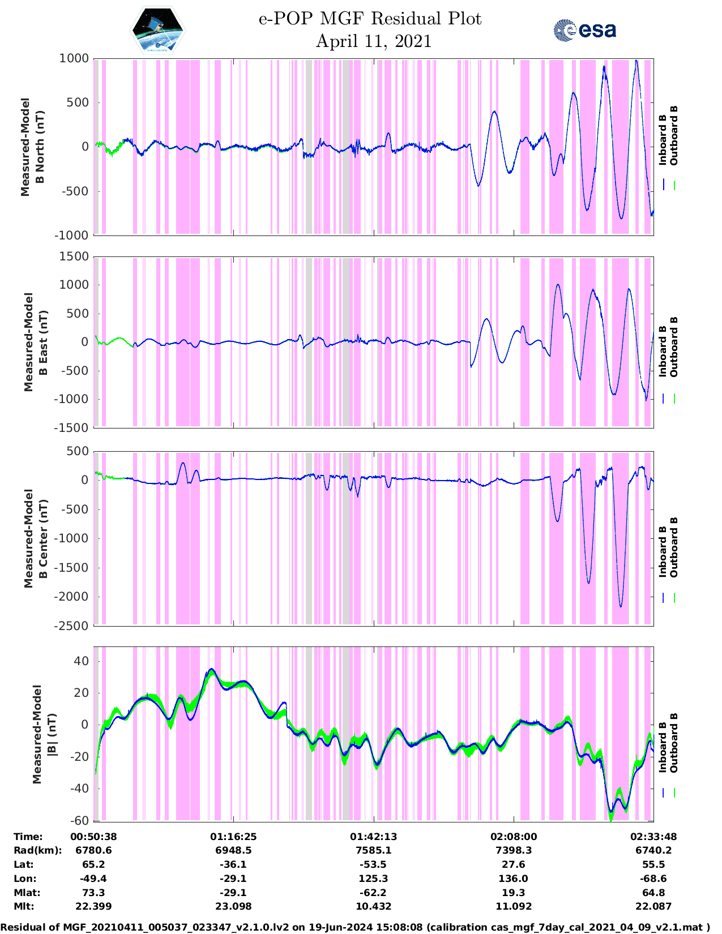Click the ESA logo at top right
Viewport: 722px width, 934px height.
coord(584,30)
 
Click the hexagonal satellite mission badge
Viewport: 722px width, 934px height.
coord(157,30)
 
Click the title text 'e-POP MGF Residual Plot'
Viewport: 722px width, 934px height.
coord(370,19)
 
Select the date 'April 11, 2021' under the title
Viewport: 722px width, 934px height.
coord(373,41)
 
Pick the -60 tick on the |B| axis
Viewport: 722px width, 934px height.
coord(79,820)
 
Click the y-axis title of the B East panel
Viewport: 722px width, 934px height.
coord(36,342)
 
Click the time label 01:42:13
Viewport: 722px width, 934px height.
coord(373,837)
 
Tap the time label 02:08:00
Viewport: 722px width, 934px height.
coord(513,837)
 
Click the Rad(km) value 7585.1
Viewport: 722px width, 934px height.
coord(373,850)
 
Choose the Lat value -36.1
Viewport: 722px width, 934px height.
coord(233,864)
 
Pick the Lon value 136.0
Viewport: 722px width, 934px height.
coord(513,879)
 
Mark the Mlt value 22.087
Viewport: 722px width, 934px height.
coord(653,906)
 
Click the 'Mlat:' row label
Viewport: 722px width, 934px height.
coord(25,893)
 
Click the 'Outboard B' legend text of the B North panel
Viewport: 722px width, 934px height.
coord(674,136)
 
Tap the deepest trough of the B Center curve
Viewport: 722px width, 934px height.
coord(621,606)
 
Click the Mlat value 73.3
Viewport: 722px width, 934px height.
coord(93,893)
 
